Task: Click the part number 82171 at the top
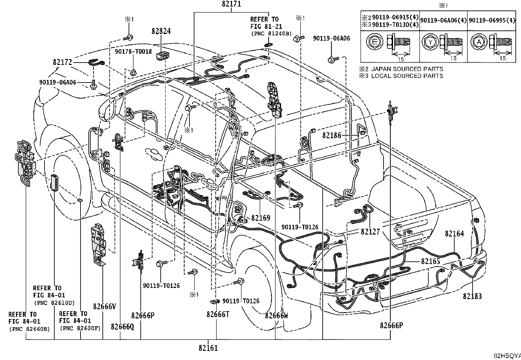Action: click(231, 4)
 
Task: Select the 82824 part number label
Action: click(161, 31)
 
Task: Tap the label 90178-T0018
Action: click(133, 51)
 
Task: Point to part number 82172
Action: click(63, 62)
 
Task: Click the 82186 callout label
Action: click(332, 135)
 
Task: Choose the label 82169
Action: click(261, 218)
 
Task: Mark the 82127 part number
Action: click(370, 232)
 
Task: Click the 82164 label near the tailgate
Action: click(455, 234)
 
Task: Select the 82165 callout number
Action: click(431, 261)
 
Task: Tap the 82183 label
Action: click(472, 296)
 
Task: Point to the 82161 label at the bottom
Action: click(208, 348)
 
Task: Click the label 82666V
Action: click(104, 307)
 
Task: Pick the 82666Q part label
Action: click(122, 327)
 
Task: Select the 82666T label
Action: click(218, 314)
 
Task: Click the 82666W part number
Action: click(277, 315)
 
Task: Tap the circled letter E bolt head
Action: click(374, 42)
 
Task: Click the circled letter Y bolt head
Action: click(430, 42)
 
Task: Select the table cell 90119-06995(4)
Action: click(492, 21)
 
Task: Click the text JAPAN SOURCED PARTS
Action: click(407, 69)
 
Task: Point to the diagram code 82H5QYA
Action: click(507, 356)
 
